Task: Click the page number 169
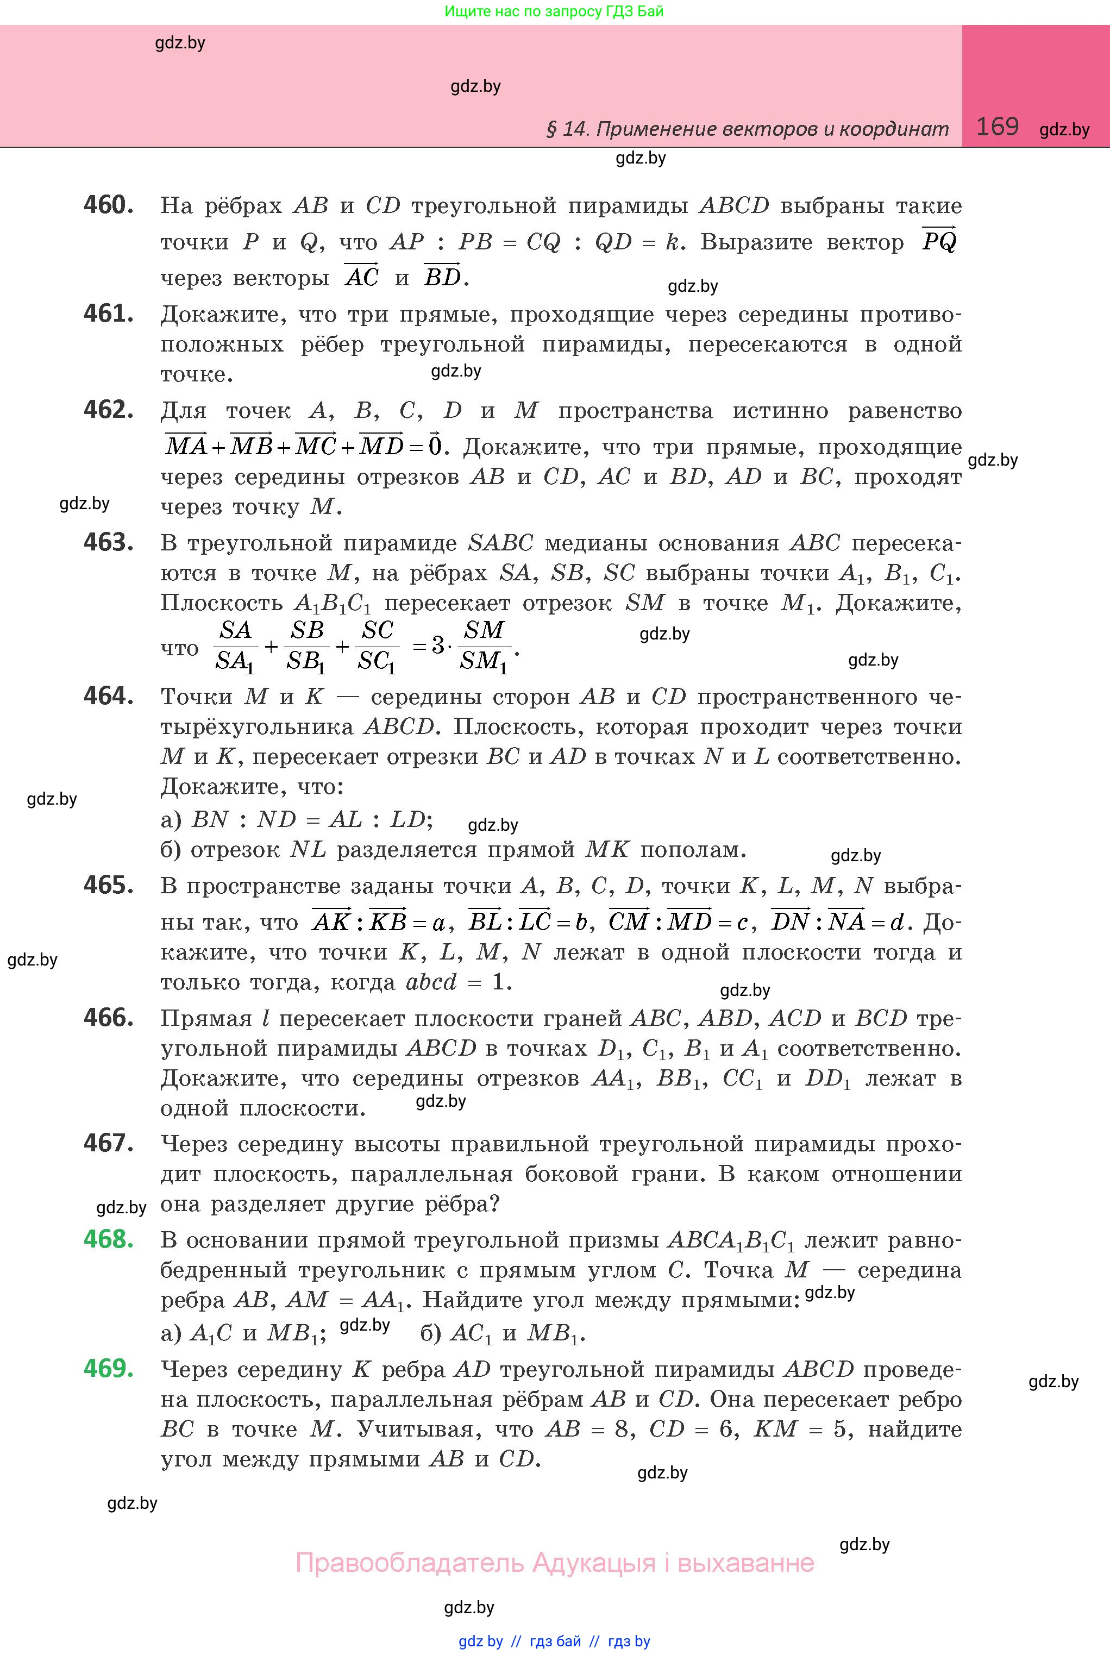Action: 997,127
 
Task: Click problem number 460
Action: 108,205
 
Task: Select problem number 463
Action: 108,543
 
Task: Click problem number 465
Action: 108,885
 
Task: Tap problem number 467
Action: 108,1143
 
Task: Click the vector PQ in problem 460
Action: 939,241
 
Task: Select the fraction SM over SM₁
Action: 483,645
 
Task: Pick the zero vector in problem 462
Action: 435,445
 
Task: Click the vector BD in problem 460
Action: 442,276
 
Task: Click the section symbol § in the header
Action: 551,129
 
